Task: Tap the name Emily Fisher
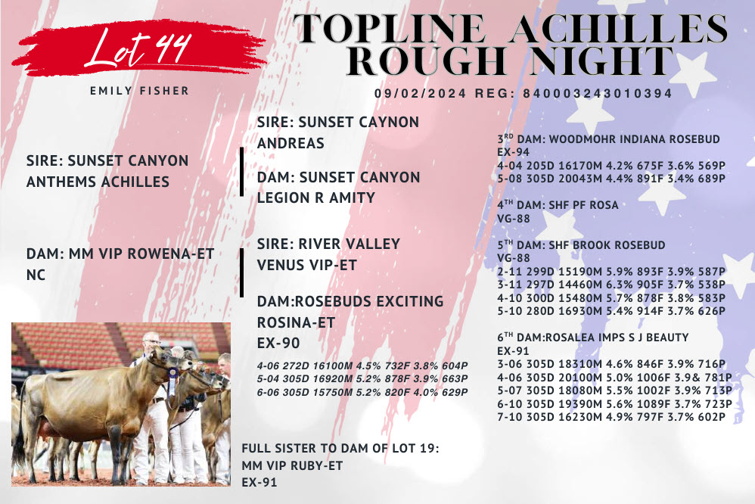click(140, 91)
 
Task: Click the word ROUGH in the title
click(427, 61)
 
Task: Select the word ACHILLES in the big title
click(620, 29)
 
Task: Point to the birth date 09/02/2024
click(421, 94)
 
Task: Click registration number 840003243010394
click(597, 94)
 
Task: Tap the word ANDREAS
click(291, 143)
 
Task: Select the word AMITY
click(352, 198)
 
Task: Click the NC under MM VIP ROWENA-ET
click(36, 275)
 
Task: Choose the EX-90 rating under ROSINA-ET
click(278, 343)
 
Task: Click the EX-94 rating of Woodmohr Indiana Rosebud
click(513, 152)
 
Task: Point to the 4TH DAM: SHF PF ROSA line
click(558, 205)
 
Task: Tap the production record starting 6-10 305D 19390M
click(614, 404)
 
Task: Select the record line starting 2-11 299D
click(611, 272)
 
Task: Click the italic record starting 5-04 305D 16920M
click(362, 378)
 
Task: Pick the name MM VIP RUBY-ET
click(292, 466)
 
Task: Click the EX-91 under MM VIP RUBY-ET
click(259, 482)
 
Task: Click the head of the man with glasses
click(151, 343)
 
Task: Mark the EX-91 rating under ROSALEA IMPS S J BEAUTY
click(513, 351)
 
